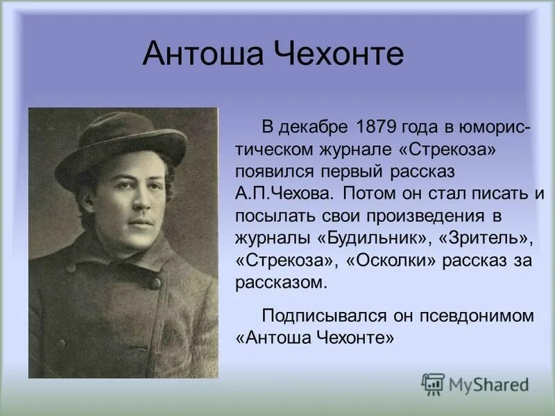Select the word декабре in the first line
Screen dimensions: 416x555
[316, 128]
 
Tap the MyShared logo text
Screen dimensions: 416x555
[488, 384]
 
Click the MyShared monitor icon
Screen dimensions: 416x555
[433, 384]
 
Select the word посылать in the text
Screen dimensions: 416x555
[272, 214]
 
